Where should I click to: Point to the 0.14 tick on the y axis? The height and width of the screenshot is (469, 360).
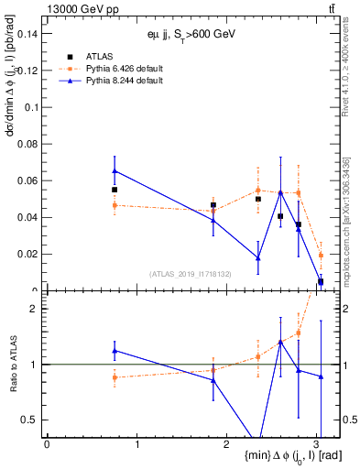pos(28,34)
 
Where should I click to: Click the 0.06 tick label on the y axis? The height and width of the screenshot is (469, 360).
pos(28,180)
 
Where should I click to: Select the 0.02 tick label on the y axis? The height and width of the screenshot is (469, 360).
pos(28,254)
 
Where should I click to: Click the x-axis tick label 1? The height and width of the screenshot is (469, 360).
pos(136,443)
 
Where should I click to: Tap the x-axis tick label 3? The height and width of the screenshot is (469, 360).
pos(316,443)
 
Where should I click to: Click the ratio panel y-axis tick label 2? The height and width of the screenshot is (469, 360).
pos(35,309)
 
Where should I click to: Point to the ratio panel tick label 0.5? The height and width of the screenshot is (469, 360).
pos(30,420)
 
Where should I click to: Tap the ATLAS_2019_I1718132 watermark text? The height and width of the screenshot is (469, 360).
pos(190,273)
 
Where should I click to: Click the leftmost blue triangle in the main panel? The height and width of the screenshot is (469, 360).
pos(115,170)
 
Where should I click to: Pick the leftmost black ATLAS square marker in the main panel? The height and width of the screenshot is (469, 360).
pos(115,190)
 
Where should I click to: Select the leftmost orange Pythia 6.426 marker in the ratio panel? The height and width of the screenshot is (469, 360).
pos(115,377)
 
